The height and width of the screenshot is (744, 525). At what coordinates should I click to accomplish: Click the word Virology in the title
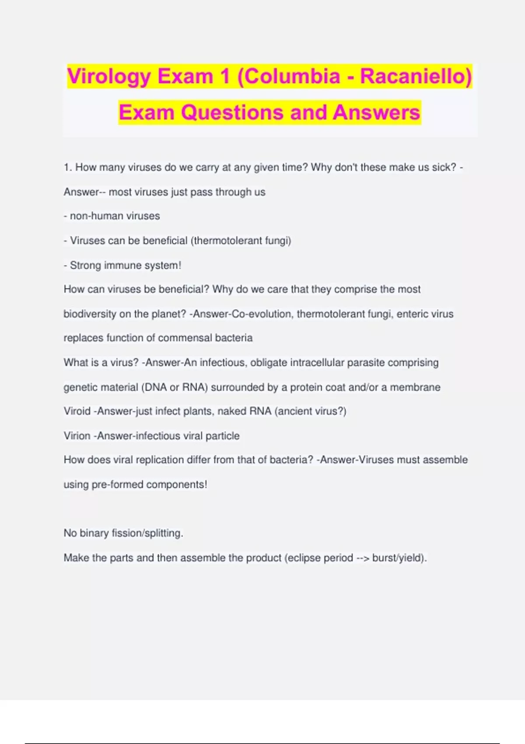(109, 77)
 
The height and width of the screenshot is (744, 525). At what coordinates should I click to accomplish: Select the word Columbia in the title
(292, 77)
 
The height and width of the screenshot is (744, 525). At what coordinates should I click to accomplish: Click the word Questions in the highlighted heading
(233, 112)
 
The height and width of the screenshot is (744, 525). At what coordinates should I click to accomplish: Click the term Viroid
(77, 411)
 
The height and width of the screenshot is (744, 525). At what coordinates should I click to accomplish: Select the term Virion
(77, 436)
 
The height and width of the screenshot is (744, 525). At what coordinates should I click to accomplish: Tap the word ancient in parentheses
(293, 411)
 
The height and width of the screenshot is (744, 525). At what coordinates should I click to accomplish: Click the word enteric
(413, 314)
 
